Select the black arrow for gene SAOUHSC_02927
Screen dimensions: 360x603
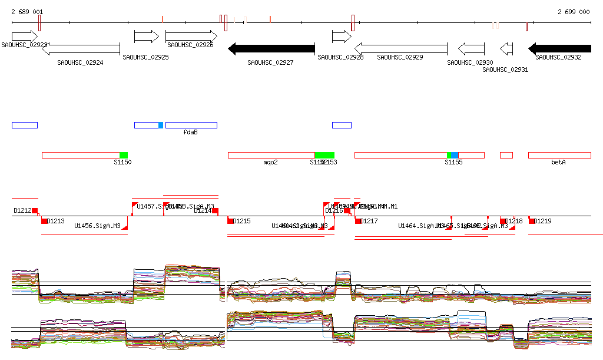coord(271,48)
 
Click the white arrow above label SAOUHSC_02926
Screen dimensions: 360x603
coord(191,37)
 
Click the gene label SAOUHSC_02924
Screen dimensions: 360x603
coord(80,62)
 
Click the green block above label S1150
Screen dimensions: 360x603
coord(124,155)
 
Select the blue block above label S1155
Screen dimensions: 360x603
coord(455,155)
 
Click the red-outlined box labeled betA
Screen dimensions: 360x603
coord(559,155)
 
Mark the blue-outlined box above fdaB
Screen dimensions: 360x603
coord(191,125)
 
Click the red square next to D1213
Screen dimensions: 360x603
coord(44,221)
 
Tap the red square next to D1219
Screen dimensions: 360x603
coord(532,221)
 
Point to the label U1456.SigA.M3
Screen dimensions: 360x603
coord(97,226)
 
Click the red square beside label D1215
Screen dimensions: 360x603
coord(230,221)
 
